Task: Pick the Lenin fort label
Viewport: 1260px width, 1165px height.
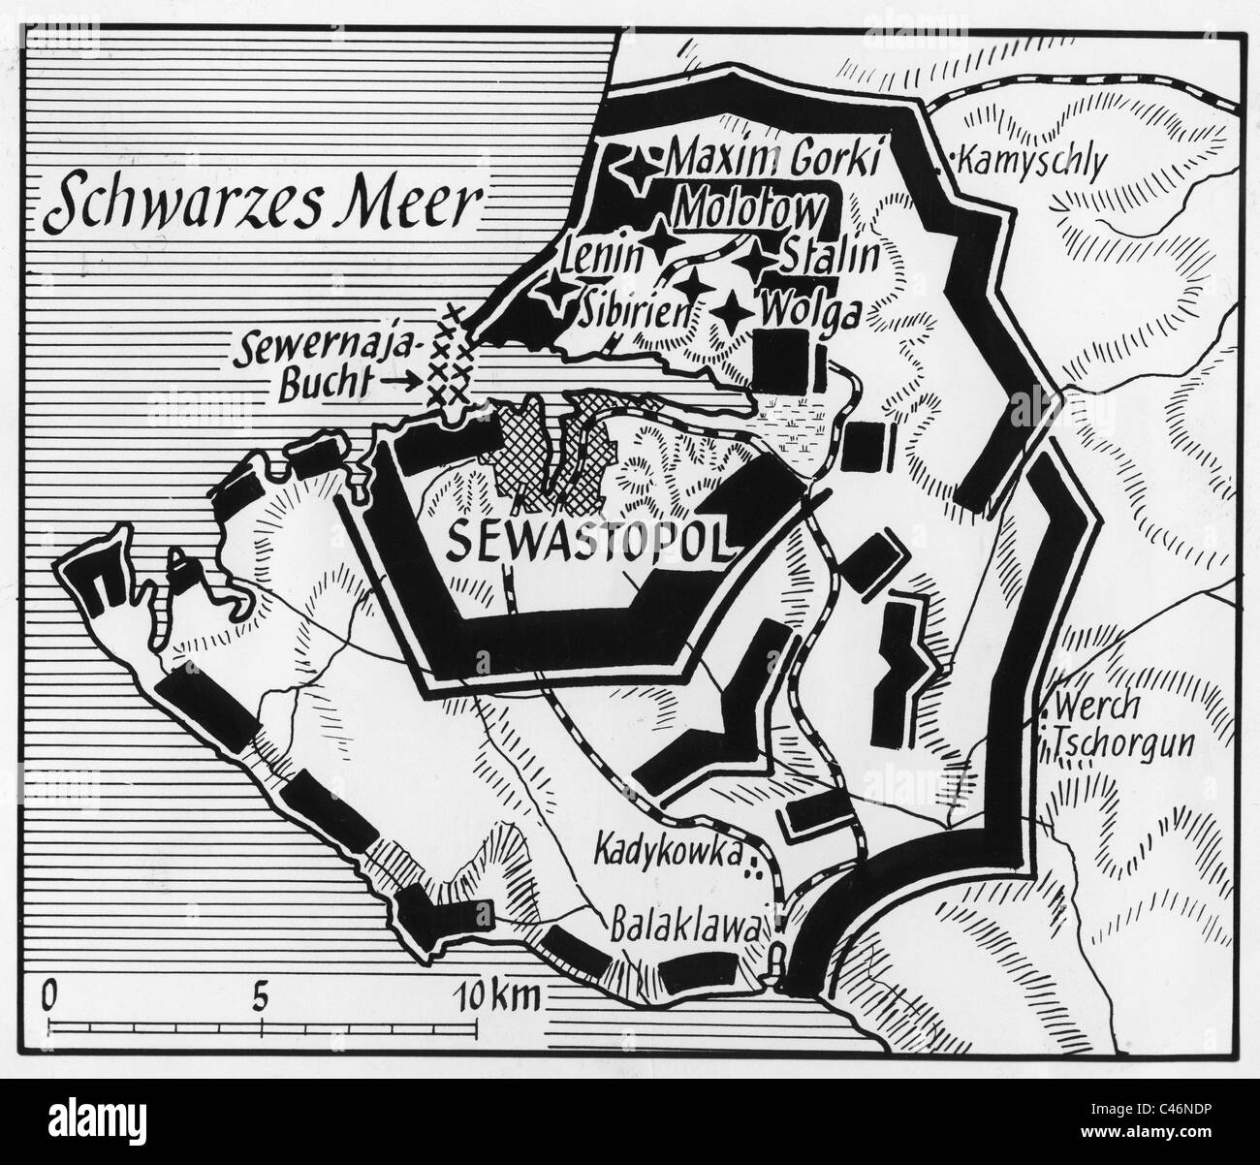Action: [603, 254]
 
